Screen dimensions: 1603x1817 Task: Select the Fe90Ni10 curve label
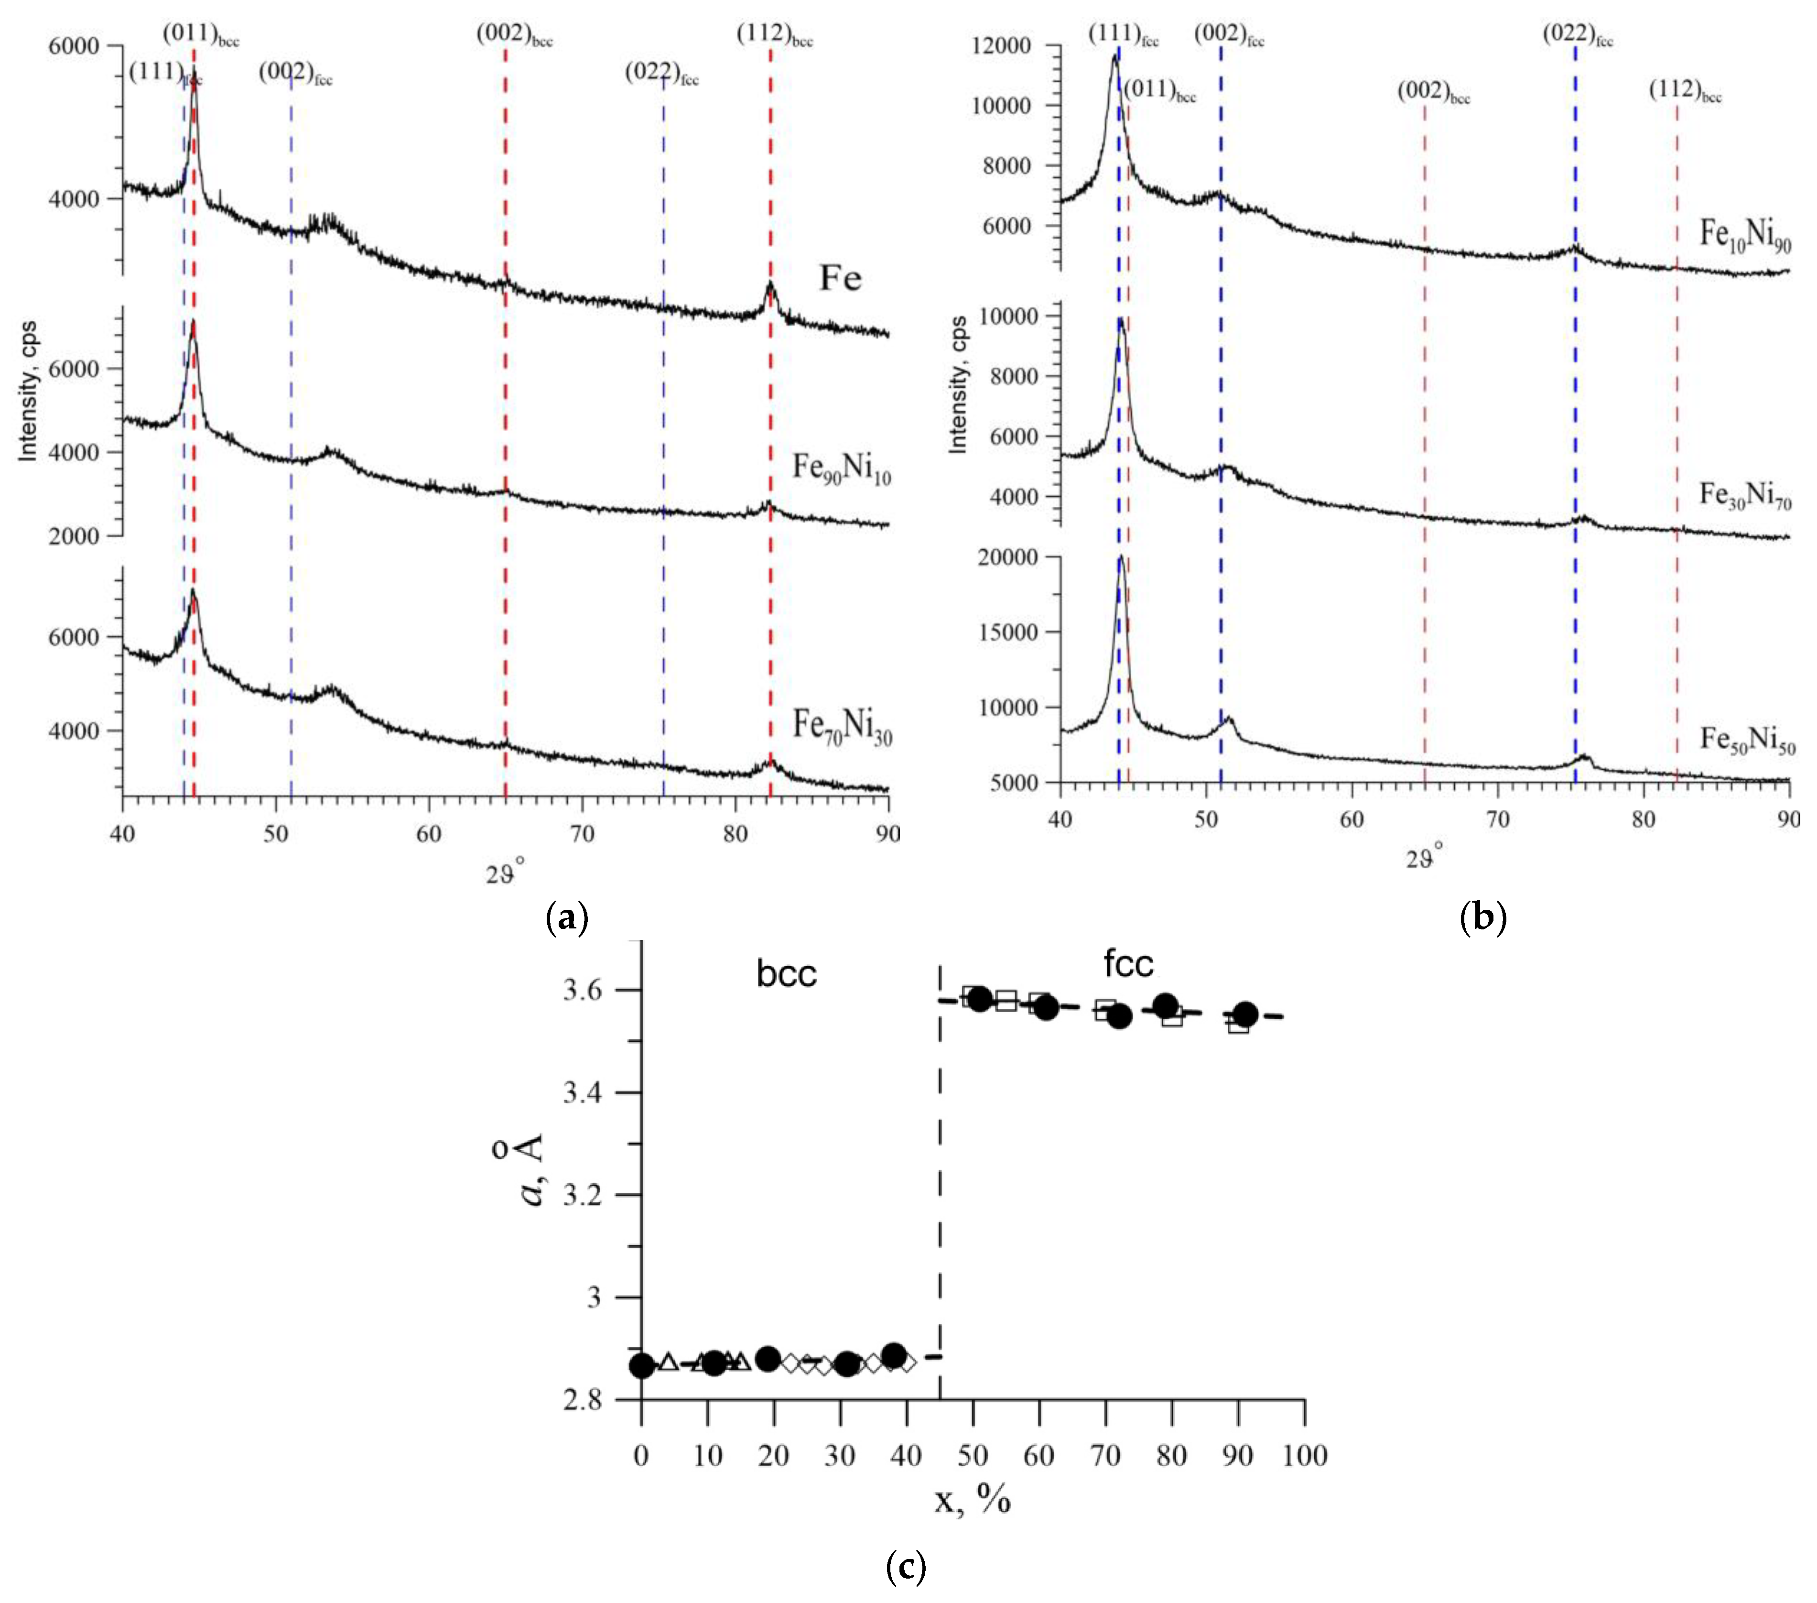tap(841, 468)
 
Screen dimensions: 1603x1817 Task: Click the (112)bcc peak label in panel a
tap(773, 35)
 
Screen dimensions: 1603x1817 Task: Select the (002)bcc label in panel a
tap(514, 35)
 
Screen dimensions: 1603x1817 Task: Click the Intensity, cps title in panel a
tap(29, 391)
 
